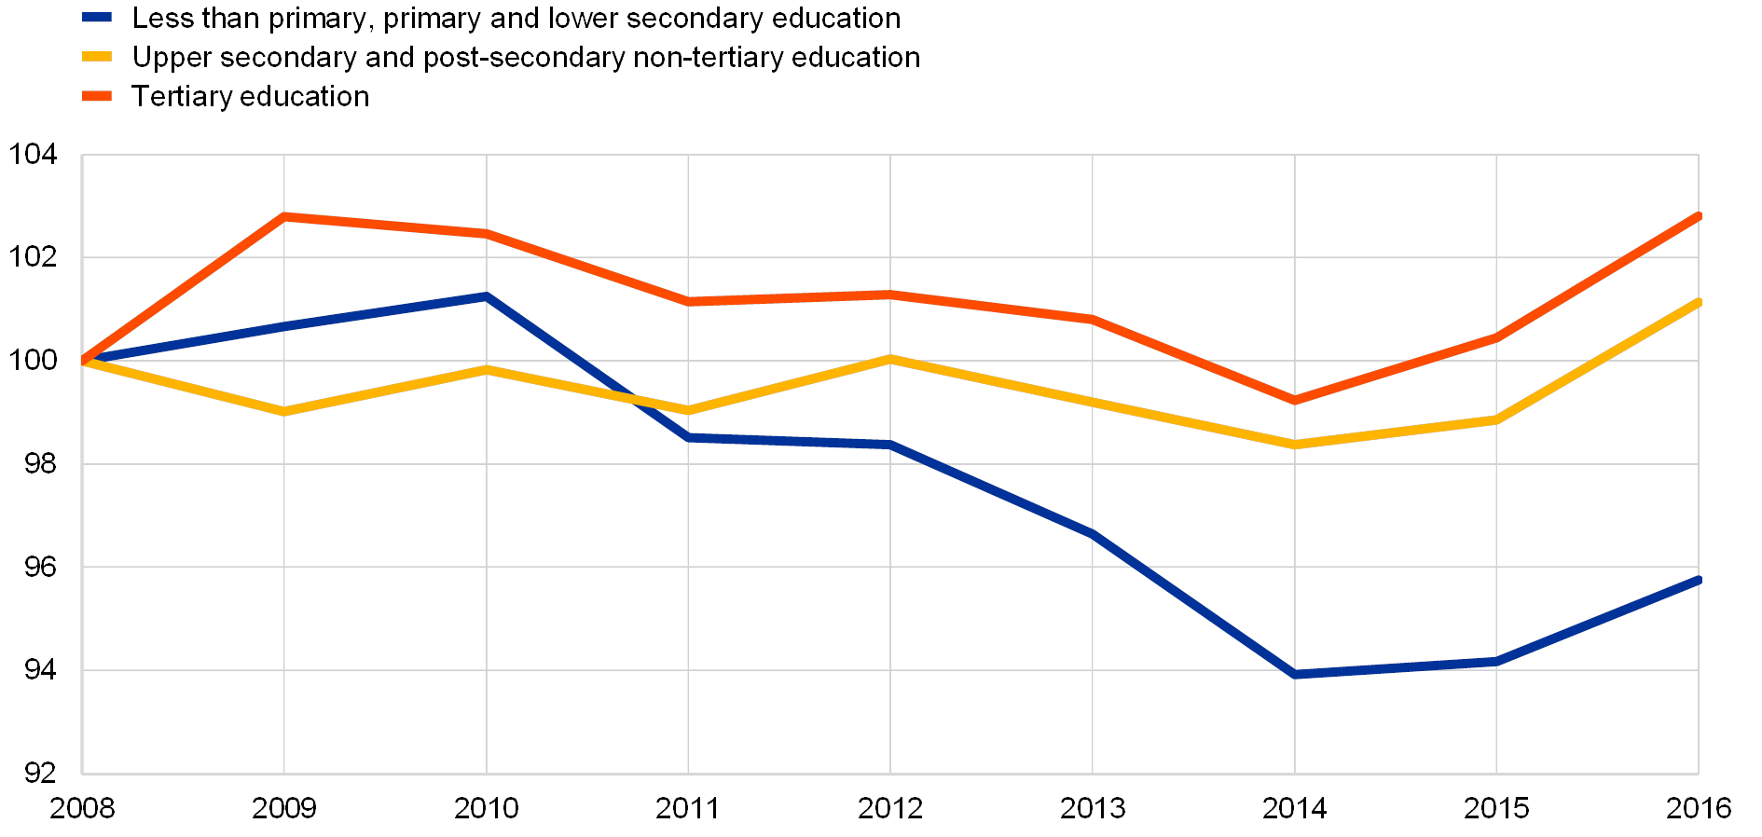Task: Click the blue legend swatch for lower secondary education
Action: [97, 18]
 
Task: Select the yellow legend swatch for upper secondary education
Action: [97, 57]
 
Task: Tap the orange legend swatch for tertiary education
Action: [97, 96]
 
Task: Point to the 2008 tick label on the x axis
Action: [82, 807]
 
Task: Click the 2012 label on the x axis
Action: [890, 807]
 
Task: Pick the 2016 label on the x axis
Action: [1699, 807]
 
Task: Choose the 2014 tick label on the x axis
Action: [1294, 807]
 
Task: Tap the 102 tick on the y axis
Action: [33, 256]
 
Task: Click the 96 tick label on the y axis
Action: [39, 567]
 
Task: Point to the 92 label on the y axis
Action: [39, 773]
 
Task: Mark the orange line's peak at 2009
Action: [284, 215]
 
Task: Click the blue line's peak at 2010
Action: [486, 296]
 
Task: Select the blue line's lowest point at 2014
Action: [1294, 674]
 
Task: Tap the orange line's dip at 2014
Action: [1294, 401]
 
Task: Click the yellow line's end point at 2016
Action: [1699, 302]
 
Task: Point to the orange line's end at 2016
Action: [1699, 216]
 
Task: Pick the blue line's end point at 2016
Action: [1699, 580]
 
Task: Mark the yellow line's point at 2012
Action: [890, 358]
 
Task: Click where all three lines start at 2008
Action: [83, 360]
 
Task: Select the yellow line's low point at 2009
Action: [284, 412]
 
